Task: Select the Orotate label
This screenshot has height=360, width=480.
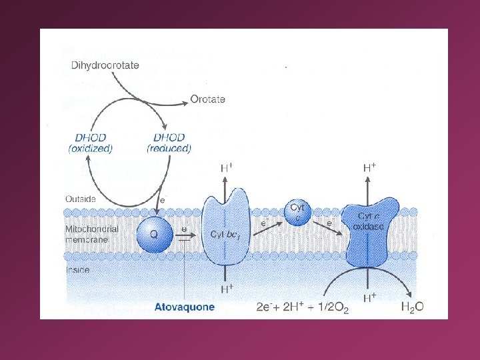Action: point(208,99)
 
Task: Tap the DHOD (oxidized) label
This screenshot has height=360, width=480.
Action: point(91,142)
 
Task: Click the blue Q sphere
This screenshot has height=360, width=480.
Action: point(154,234)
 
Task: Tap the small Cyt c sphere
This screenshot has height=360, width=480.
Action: point(297,212)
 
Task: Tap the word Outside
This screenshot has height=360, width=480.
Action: point(81,199)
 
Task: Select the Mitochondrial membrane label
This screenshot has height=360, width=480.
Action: point(92,234)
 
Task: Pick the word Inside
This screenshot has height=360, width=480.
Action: point(78,270)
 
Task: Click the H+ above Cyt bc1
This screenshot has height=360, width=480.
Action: point(227,169)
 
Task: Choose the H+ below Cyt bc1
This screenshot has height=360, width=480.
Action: point(227,288)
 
